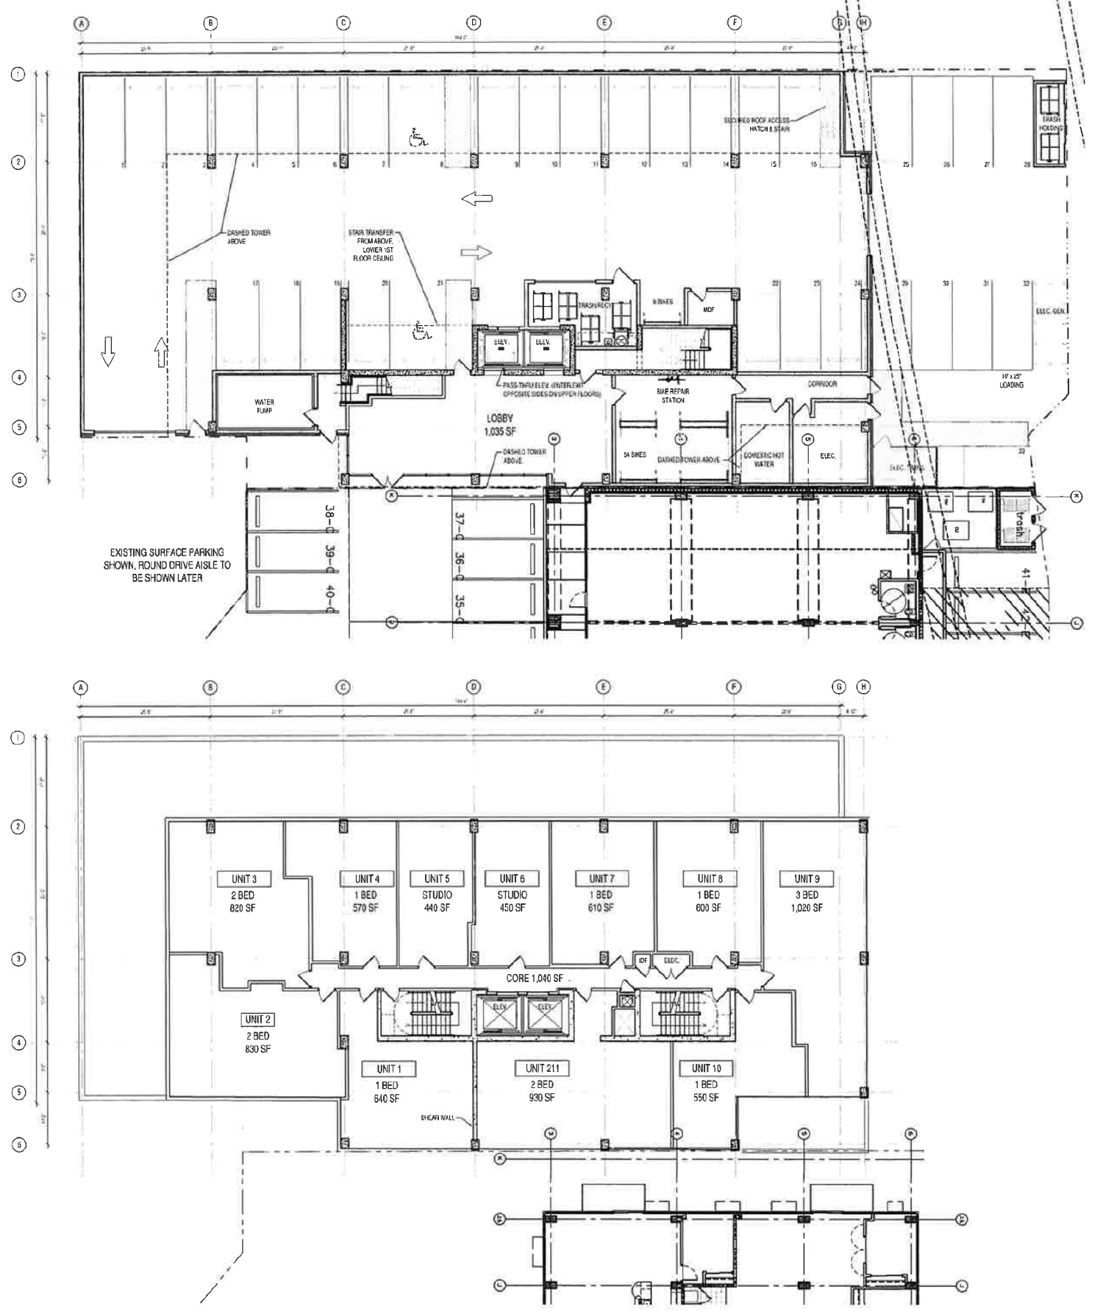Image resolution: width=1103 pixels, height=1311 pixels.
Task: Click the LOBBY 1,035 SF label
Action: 499,424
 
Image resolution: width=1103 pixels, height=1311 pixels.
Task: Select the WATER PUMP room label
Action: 264,406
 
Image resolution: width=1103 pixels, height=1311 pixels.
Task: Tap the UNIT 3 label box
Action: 244,878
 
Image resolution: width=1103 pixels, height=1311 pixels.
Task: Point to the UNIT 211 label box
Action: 542,1067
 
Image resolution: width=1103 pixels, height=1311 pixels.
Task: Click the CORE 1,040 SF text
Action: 535,978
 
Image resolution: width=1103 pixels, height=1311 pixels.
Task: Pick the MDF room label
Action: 708,310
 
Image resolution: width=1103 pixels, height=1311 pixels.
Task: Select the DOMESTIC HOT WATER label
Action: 763,460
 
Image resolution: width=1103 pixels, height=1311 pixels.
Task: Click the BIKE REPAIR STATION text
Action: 673,396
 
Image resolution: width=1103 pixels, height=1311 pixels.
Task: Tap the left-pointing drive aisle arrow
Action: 476,198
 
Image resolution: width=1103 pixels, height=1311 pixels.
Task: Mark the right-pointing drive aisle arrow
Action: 476,253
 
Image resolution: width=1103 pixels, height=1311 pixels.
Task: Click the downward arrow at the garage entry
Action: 108,351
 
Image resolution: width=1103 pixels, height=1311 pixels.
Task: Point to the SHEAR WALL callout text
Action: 437,1118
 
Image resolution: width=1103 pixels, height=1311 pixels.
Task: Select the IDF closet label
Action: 643,960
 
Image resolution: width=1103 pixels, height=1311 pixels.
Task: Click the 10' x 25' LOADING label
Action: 1011,380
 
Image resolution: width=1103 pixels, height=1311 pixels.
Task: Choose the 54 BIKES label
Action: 635,455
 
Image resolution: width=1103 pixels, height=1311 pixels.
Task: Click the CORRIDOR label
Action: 822,383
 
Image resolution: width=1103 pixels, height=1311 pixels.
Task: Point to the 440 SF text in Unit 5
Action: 437,908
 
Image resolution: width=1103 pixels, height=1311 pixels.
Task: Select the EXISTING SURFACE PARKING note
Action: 167,565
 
